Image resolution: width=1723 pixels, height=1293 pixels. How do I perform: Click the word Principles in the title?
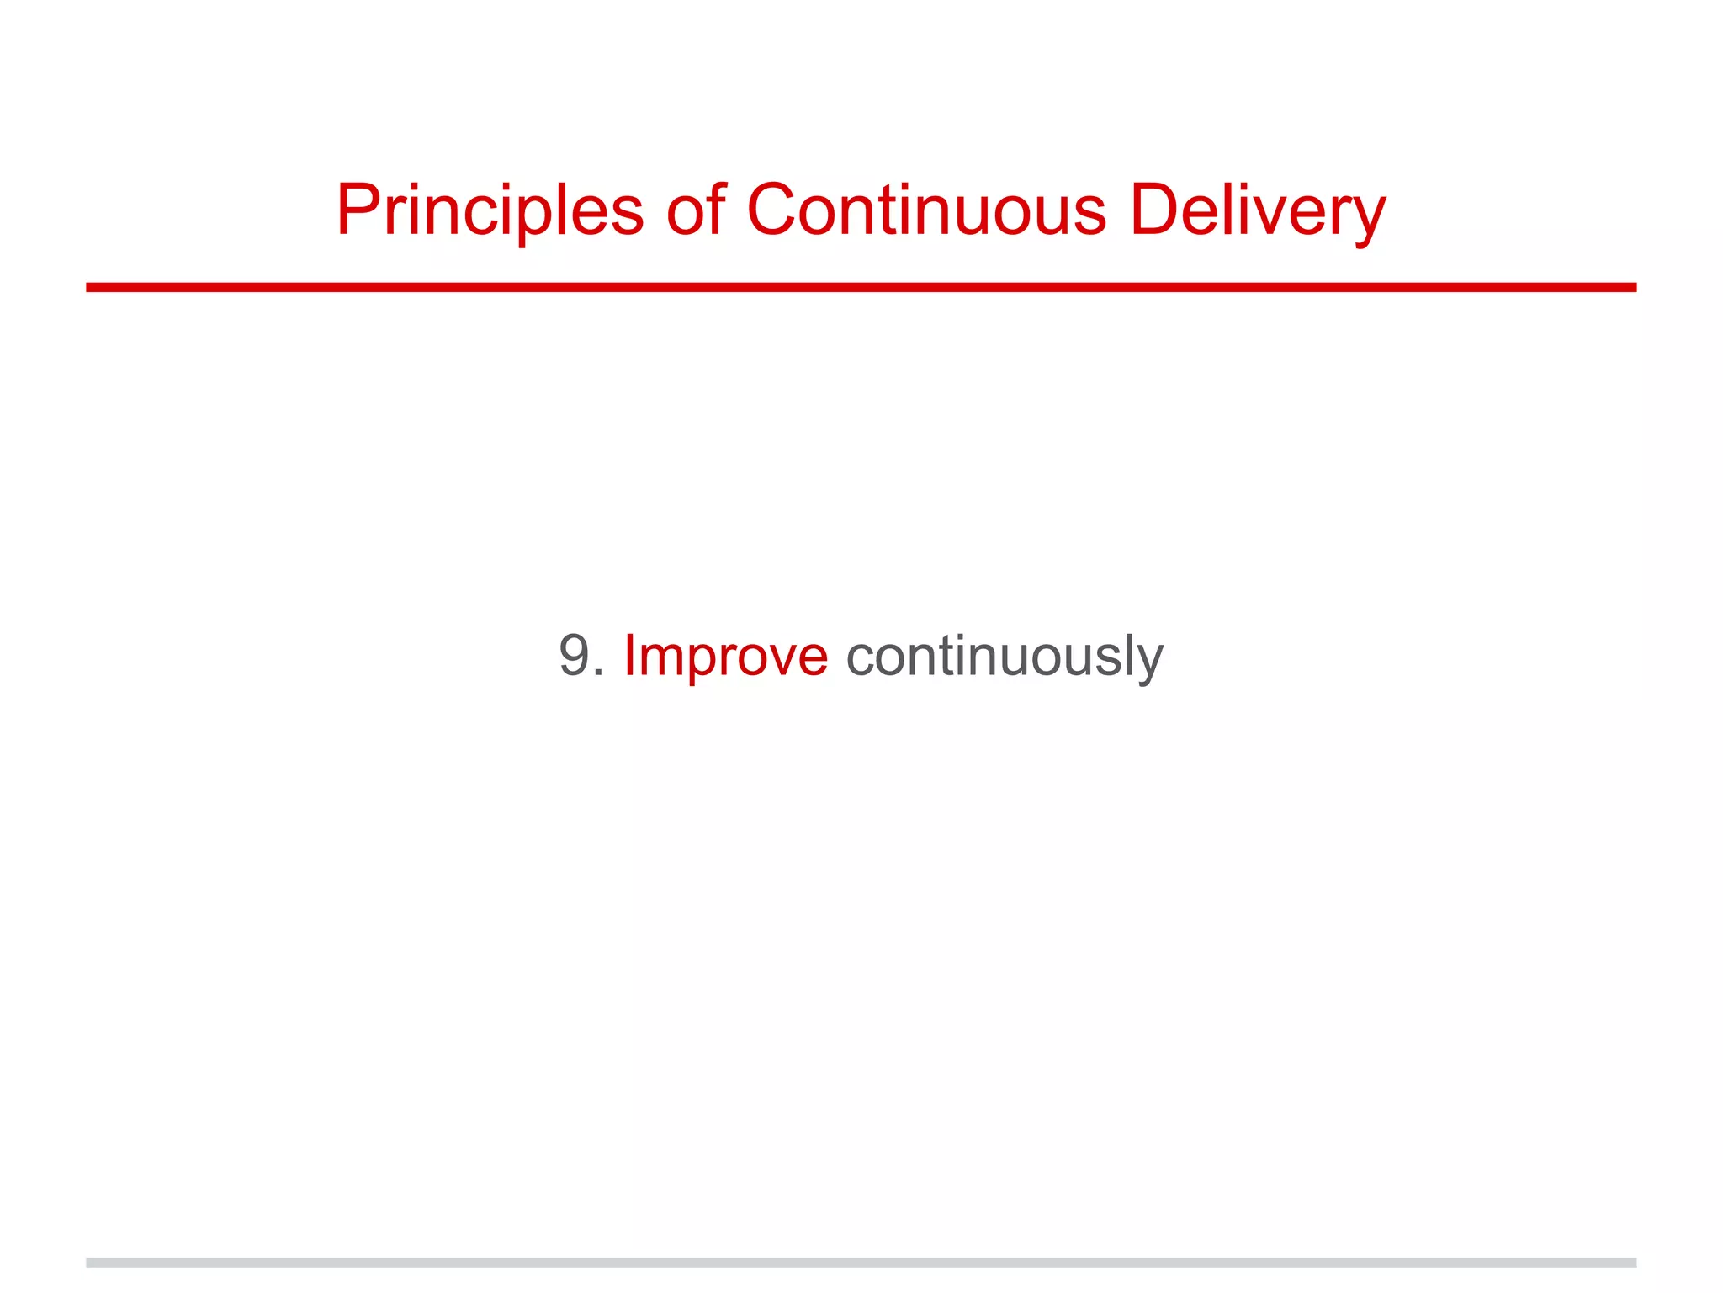point(490,210)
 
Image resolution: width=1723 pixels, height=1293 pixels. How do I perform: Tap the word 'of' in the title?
point(696,210)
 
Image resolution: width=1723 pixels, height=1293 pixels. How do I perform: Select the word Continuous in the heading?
point(926,210)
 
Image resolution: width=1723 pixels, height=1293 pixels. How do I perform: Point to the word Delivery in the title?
point(1257,210)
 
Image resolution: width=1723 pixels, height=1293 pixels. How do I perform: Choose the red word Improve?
point(725,656)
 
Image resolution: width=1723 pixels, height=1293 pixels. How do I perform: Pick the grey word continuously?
point(1005,656)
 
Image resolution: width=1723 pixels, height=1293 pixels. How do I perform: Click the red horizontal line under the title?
point(861,287)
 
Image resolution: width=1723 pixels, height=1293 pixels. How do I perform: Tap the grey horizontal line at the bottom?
point(861,1263)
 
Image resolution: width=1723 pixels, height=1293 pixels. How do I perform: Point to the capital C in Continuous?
point(772,210)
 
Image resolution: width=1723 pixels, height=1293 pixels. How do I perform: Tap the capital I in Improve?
point(628,656)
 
